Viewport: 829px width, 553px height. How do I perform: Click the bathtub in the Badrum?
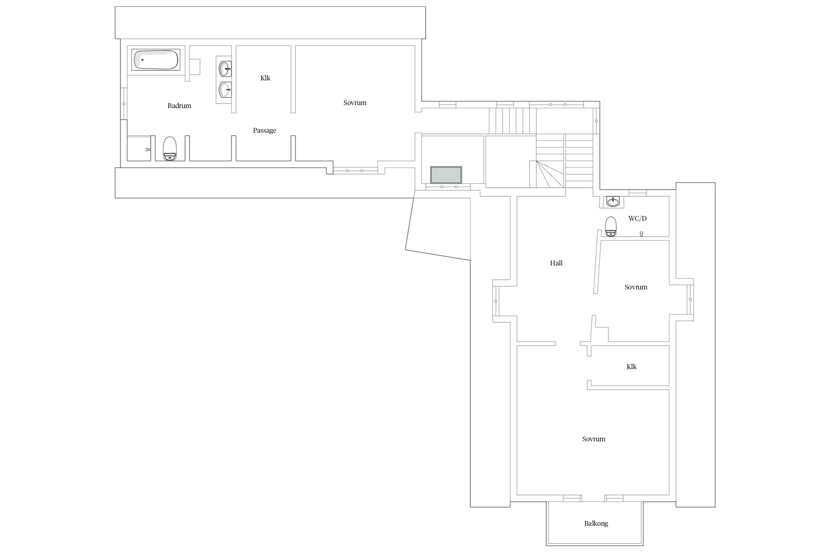point(156,59)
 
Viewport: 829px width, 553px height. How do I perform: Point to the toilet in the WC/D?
point(611,226)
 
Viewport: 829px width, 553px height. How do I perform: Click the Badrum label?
point(179,106)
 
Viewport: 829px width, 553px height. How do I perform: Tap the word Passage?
point(265,131)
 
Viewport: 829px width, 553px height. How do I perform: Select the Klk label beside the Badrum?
point(265,78)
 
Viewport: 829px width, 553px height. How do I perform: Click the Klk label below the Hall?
point(632,366)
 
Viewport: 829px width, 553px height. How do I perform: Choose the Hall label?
point(556,263)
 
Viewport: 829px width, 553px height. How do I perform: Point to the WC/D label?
point(637,218)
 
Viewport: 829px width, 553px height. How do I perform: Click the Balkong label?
point(596,524)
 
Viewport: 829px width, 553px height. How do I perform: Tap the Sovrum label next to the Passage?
point(355,103)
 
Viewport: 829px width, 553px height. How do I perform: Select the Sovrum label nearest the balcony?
point(594,439)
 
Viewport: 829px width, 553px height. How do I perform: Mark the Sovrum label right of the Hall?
point(636,287)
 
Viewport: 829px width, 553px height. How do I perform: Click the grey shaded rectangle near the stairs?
point(446,175)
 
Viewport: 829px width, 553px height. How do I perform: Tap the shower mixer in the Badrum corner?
point(148,150)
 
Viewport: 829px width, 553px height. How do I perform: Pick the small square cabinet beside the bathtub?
point(195,67)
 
